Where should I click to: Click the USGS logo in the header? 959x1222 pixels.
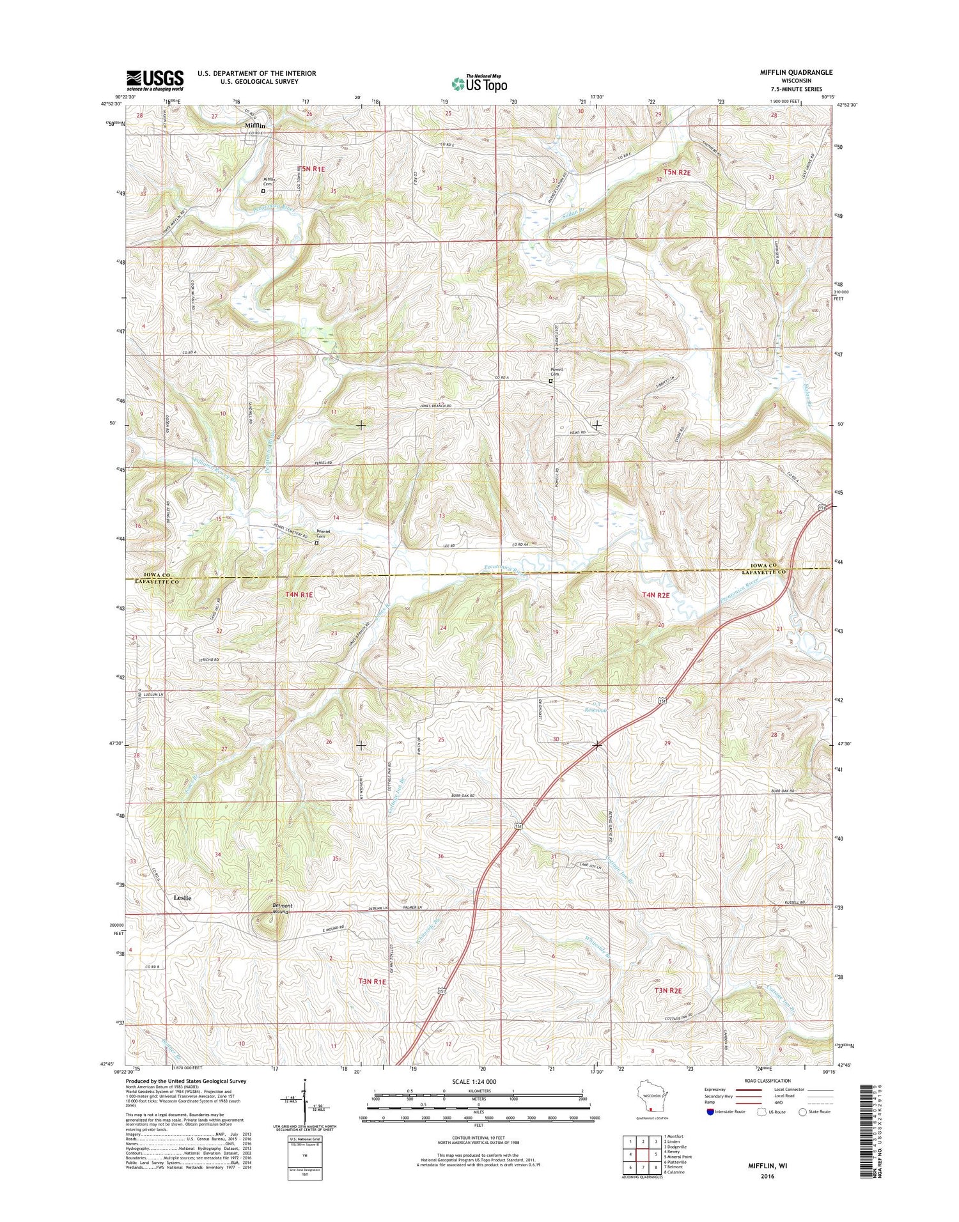pos(155,80)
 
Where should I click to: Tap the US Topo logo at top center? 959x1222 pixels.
pos(479,83)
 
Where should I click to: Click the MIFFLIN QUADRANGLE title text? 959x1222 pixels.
pos(791,72)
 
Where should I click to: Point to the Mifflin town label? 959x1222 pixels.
pos(254,126)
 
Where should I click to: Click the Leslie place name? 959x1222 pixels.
pos(182,897)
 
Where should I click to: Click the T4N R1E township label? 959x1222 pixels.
pos(299,594)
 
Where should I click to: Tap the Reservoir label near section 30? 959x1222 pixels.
pos(595,709)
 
